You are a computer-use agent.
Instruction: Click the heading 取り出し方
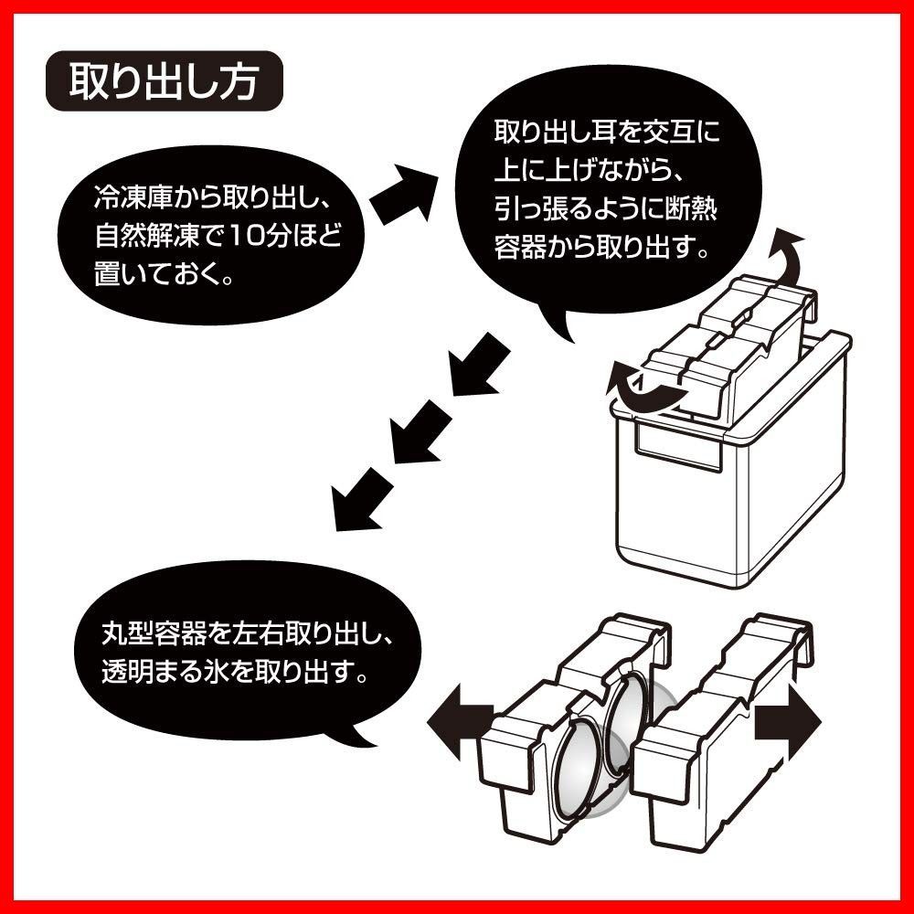click(165, 82)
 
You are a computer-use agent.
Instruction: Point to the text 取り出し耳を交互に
click(606, 133)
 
